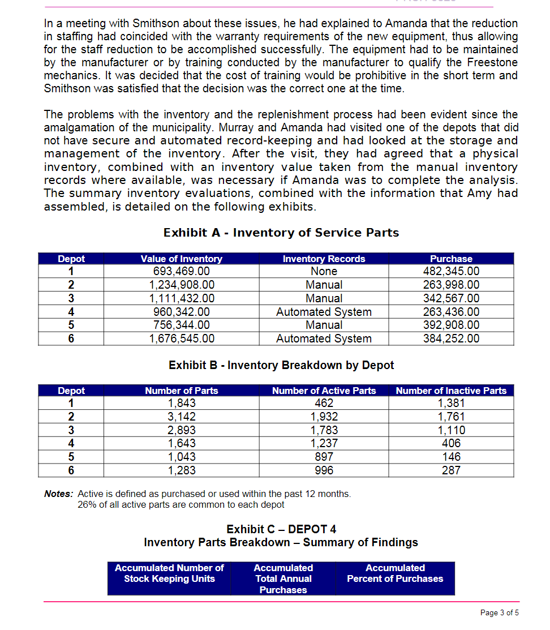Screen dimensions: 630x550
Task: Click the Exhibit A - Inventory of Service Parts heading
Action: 281,233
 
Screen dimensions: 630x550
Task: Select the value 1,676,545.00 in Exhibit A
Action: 182,338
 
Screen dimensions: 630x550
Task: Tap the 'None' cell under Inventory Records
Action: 324,272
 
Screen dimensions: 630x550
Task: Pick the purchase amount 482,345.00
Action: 451,272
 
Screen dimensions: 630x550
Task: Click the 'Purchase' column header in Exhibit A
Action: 451,259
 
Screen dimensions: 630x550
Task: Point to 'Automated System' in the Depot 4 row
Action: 324,312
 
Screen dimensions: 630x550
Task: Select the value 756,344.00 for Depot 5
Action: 182,325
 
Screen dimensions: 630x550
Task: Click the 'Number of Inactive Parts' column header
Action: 451,391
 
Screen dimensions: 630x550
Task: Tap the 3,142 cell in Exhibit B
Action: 182,417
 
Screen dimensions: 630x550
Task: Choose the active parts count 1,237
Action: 324,444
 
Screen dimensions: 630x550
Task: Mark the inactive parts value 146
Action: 451,457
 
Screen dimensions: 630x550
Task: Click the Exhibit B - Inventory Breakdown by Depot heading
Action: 281,365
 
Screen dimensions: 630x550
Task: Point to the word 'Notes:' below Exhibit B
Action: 58,494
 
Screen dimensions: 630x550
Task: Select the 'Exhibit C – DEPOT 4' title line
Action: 281,529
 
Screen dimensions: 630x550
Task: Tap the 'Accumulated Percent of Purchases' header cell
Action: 395,573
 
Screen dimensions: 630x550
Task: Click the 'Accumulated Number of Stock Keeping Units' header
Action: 169,573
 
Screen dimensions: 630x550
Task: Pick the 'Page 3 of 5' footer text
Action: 499,612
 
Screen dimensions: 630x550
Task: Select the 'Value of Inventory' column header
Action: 182,259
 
